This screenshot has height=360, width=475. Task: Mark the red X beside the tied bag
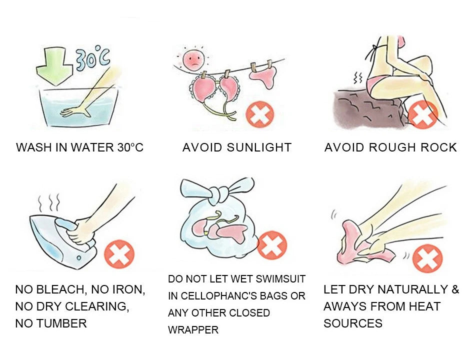point(272,245)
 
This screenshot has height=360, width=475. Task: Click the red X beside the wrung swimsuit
point(427,259)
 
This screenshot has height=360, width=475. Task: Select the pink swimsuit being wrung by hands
point(357,245)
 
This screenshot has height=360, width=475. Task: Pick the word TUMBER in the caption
point(65,323)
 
